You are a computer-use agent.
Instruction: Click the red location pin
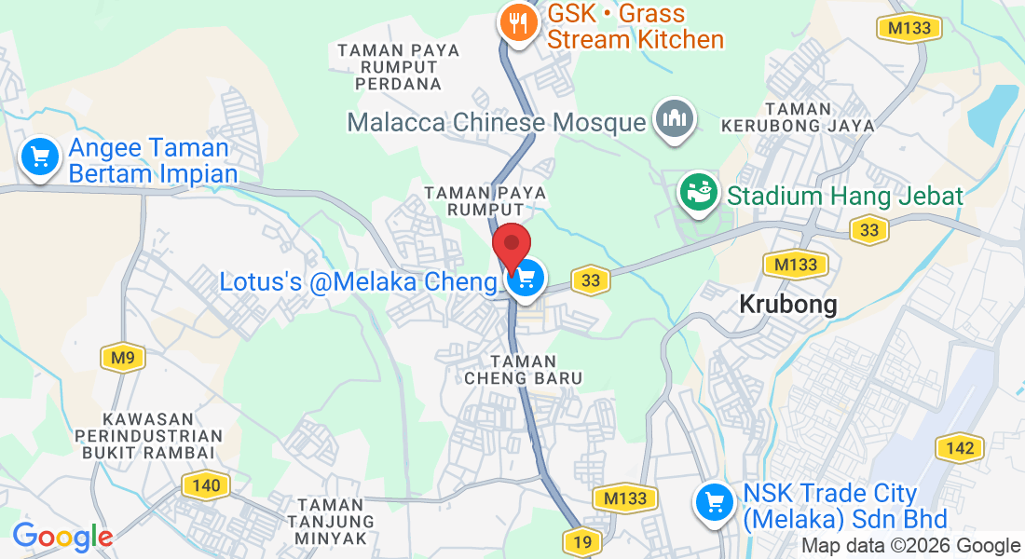tap(512, 247)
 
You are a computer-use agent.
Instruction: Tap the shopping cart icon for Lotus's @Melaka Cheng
tap(526, 278)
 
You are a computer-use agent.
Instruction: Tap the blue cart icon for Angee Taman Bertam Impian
tap(39, 156)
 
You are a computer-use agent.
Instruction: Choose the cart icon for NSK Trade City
tap(716, 503)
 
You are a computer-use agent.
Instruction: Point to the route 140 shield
tap(206, 484)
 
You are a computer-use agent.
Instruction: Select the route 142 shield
tap(960, 448)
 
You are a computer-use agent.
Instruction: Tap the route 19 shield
tap(582, 540)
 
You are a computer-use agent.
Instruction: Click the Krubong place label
tap(788, 304)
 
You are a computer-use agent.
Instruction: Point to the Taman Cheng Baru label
tap(524, 369)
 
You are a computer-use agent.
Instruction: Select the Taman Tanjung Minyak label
tap(331, 521)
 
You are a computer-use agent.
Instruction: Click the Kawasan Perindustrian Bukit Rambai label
tap(149, 435)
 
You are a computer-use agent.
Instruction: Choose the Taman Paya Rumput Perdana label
tap(399, 66)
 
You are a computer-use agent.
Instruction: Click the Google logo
tap(62, 537)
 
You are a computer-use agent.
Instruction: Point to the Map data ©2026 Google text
tap(910, 546)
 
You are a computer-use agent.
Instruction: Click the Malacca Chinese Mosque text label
tap(497, 122)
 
